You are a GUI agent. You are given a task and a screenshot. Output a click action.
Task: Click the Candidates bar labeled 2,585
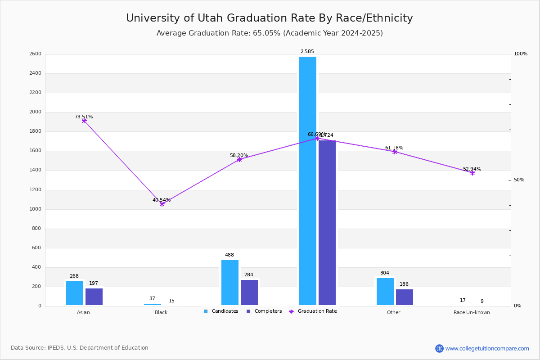click(x=308, y=180)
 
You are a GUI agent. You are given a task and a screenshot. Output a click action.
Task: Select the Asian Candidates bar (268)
click(x=75, y=293)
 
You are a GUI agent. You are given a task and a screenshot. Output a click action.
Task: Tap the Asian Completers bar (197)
click(x=94, y=297)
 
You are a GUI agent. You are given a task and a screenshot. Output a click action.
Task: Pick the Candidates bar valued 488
click(x=230, y=282)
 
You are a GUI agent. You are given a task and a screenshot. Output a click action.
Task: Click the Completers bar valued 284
click(x=249, y=292)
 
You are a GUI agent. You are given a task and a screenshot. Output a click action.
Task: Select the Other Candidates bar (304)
click(x=385, y=291)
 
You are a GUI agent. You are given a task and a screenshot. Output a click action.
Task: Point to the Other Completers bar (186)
click(x=405, y=297)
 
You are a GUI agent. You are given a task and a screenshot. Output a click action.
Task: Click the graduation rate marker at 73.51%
click(x=84, y=121)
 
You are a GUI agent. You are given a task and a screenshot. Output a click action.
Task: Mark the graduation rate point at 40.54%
click(x=162, y=204)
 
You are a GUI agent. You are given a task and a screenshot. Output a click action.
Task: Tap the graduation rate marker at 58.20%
click(x=239, y=159)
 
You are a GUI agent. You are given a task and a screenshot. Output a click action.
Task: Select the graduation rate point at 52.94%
click(x=472, y=173)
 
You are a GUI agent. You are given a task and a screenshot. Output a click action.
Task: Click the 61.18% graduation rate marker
click(x=395, y=152)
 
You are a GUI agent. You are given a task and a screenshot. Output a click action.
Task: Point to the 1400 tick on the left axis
click(x=36, y=170)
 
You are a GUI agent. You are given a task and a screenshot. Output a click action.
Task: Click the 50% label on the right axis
click(x=519, y=180)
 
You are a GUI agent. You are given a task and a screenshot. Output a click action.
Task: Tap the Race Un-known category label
click(x=472, y=312)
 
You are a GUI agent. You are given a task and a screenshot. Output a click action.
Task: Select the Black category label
click(x=161, y=312)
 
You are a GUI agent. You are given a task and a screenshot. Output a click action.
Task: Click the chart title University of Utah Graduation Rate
click(x=269, y=18)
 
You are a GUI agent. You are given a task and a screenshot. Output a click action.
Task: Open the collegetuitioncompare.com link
click(x=487, y=348)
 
